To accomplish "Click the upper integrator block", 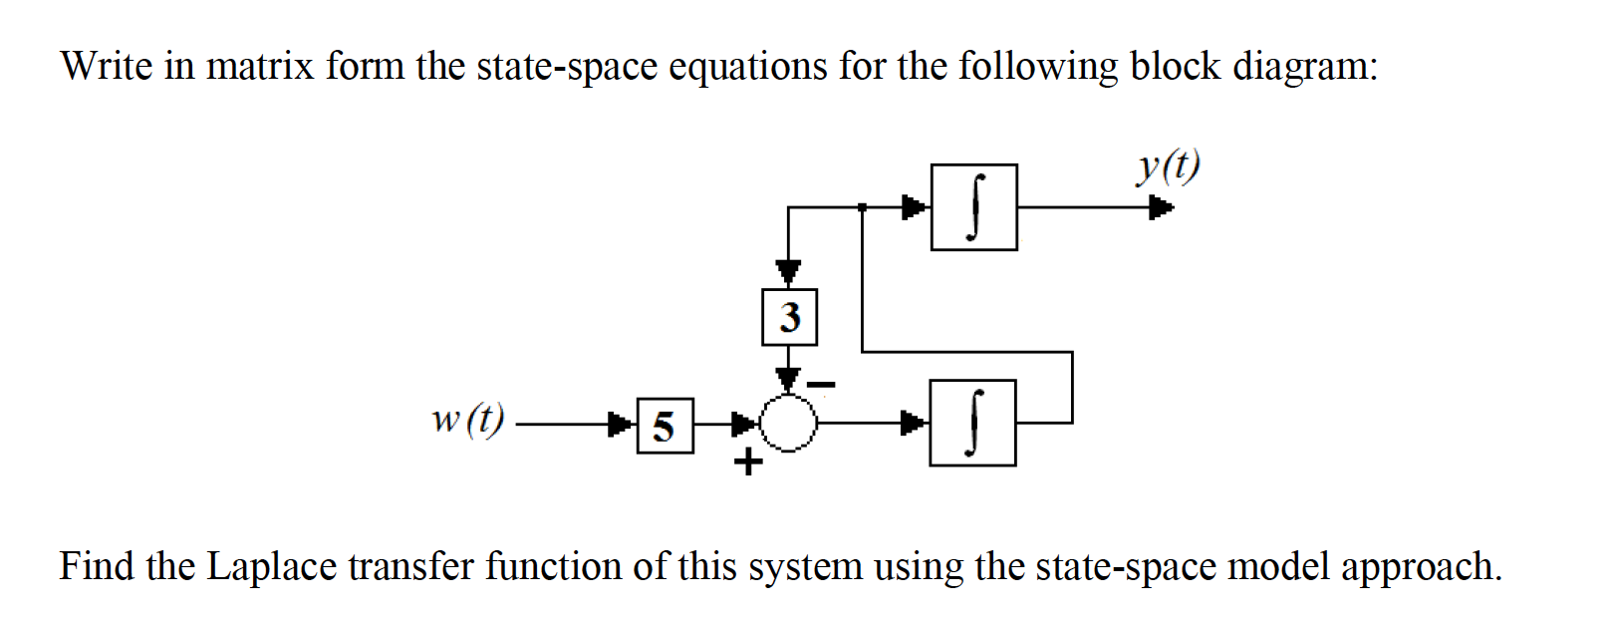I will click(x=973, y=207).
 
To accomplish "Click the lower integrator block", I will click(x=972, y=423).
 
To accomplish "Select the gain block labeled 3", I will click(x=789, y=317).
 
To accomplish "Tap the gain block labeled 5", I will click(x=665, y=426).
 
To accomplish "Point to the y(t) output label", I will click(x=1168, y=166).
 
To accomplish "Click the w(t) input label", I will click(x=467, y=419).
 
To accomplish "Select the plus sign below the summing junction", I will click(x=747, y=463).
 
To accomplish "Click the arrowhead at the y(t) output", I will click(x=1161, y=208).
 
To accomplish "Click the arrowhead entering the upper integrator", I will click(x=915, y=207).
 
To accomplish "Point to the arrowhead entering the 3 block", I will click(x=789, y=271).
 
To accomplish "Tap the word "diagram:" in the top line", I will click(x=1305, y=67).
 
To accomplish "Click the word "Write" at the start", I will click(x=107, y=66).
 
